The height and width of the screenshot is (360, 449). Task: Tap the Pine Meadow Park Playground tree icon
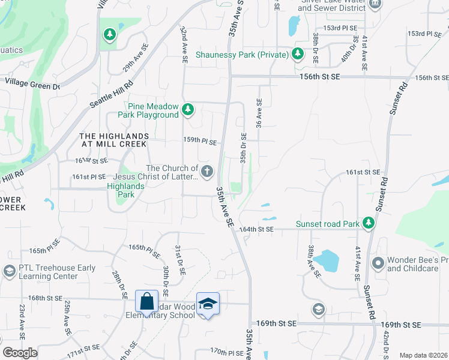pyautogui.click(x=188, y=109)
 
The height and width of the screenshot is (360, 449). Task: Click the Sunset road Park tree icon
pyautogui.click(x=369, y=224)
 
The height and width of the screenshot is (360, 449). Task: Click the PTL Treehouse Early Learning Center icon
pyautogui.click(x=9, y=272)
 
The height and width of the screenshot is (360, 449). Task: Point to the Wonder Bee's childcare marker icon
pyautogui.click(x=378, y=263)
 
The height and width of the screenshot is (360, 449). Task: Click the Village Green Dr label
pyautogui.click(x=33, y=83)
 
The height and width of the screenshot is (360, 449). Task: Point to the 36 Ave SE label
pyautogui.click(x=259, y=114)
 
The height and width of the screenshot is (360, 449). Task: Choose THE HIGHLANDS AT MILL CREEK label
pyautogui.click(x=113, y=140)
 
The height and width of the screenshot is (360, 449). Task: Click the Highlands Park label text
pyautogui.click(x=125, y=191)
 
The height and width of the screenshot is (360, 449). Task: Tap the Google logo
pyautogui.click(x=20, y=353)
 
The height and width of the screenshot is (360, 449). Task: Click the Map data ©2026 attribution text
pyautogui.click(x=423, y=355)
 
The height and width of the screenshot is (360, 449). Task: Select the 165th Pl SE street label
pyautogui.click(x=145, y=250)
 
